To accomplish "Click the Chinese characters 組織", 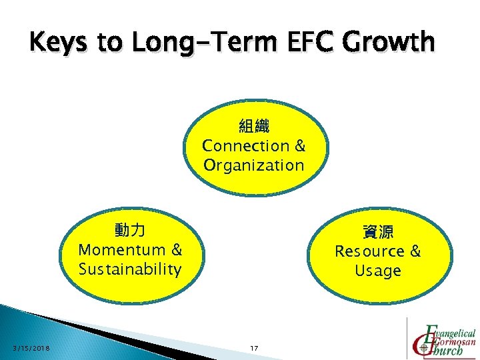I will (253, 126).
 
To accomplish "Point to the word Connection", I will (245, 145).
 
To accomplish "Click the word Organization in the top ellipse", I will (253, 165).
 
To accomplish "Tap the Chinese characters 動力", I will (130, 231).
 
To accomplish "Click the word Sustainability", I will (130, 269).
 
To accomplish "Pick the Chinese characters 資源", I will (378, 232).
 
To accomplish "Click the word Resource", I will (369, 251).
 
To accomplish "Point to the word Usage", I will (378, 271).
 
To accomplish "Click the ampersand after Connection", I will (299, 145).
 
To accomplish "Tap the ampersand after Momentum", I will (176, 250).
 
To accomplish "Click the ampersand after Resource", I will (415, 251).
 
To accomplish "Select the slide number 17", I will (253, 349).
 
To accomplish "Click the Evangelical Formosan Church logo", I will (443, 338).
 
